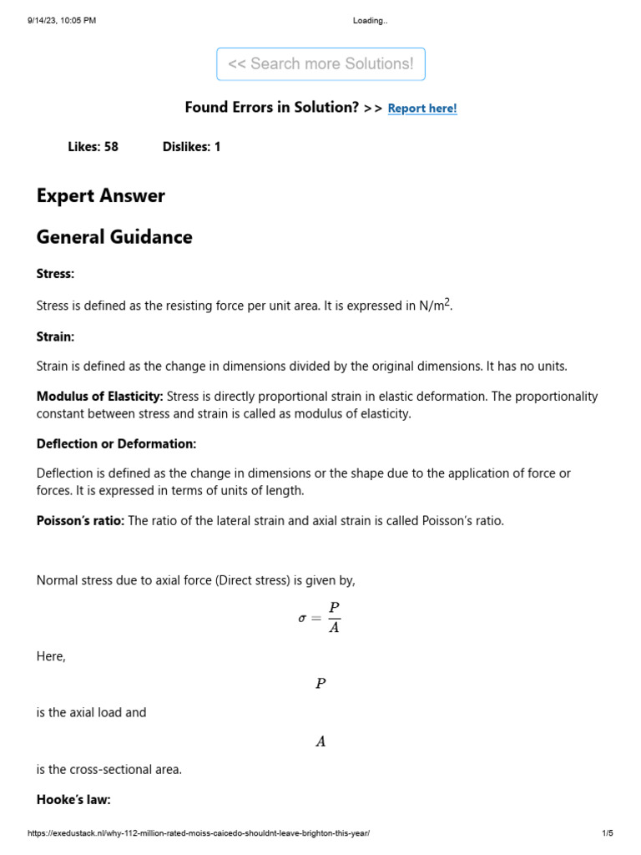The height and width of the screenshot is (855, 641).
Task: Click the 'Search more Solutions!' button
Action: pos(320,64)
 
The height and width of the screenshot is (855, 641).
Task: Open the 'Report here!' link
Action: pos(422,109)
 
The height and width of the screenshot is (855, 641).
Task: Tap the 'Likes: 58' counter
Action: pos(93,147)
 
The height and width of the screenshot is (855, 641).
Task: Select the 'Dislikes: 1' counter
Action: pos(192,147)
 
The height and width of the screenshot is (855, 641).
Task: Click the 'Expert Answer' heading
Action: pos(101,196)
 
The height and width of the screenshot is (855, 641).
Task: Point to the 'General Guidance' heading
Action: pos(114,237)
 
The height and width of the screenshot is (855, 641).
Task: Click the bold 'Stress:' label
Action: pos(56,274)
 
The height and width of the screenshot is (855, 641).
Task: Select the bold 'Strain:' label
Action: pos(56,336)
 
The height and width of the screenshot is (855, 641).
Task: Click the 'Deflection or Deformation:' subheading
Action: pos(116,444)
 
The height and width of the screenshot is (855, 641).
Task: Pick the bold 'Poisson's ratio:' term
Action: pos(80,521)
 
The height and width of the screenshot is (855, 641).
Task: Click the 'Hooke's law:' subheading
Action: pos(73,800)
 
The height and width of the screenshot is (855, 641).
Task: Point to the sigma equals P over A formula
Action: pos(320,618)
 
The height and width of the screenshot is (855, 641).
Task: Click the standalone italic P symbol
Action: pos(320,684)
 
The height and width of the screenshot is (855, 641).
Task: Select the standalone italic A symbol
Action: pos(320,741)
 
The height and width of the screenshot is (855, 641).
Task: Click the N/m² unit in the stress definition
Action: pos(436,306)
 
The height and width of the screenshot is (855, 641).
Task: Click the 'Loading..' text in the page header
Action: pos(371,21)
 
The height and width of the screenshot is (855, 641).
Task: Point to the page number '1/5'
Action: pos(608,834)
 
